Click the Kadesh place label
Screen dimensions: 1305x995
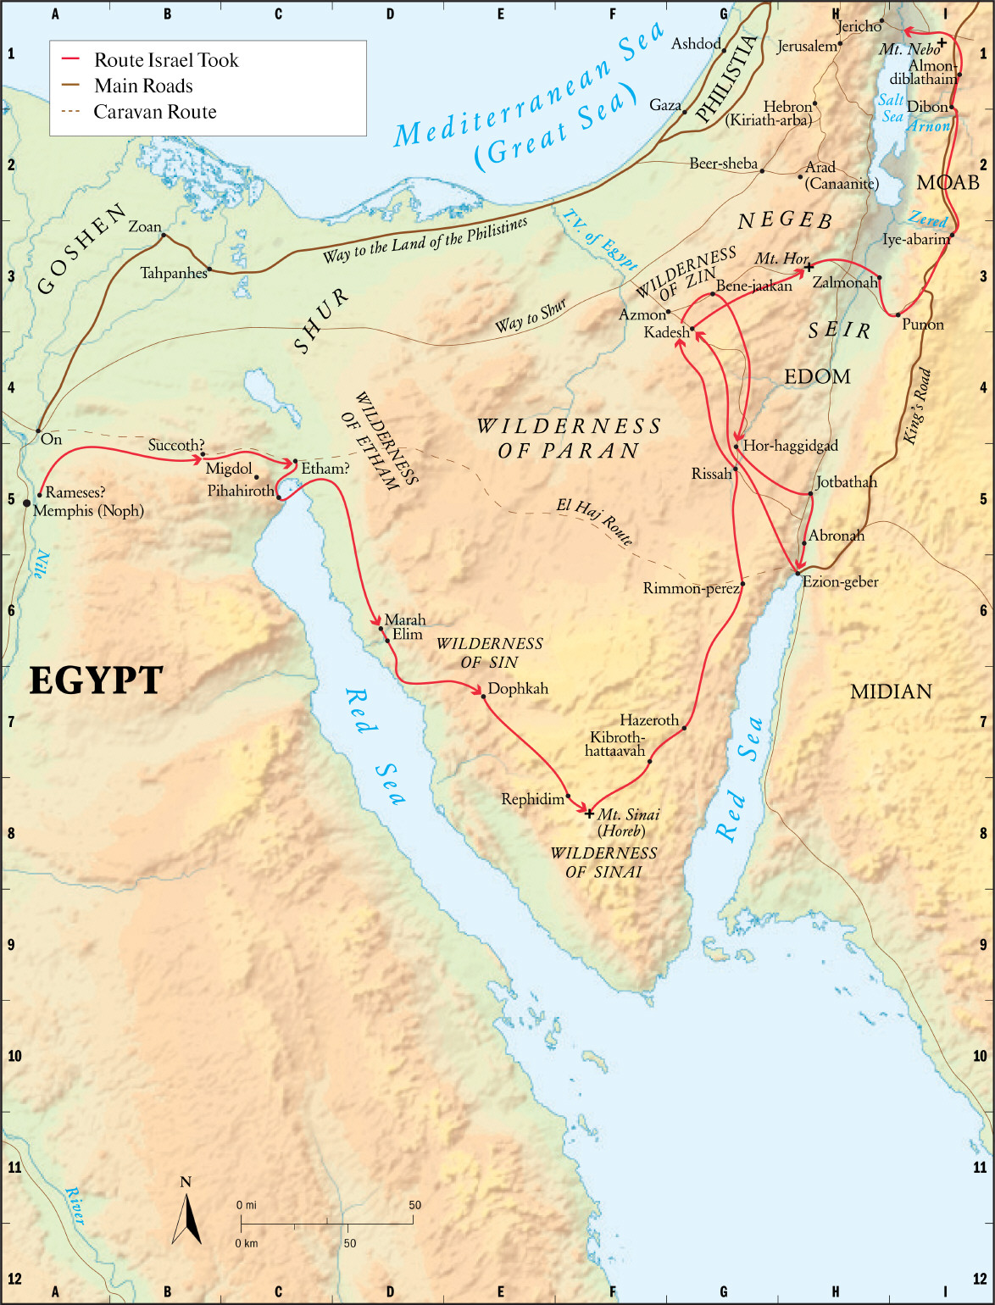tap(666, 332)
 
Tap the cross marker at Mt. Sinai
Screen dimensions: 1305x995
tap(590, 814)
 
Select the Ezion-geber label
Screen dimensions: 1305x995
tap(840, 582)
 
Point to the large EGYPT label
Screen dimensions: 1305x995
tap(96, 680)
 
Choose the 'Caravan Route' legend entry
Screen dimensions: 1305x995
tap(154, 112)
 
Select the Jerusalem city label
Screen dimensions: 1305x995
tap(806, 47)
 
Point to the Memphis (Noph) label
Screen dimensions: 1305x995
tap(88, 510)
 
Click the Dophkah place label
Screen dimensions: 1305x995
tap(518, 689)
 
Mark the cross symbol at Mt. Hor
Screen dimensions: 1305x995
tap(809, 268)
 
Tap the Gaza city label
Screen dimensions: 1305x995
tap(665, 105)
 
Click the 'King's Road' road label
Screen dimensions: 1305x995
tap(917, 407)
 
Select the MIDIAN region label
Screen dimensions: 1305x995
tap(891, 691)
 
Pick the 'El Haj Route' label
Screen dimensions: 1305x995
tap(594, 521)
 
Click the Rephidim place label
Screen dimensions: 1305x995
tap(532, 799)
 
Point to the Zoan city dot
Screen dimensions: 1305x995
tap(164, 236)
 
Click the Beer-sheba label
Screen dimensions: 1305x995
tap(723, 164)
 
